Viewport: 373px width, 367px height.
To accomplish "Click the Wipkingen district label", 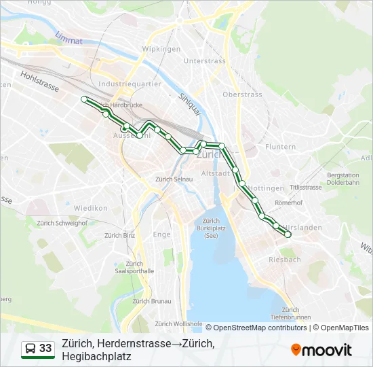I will point(161,49).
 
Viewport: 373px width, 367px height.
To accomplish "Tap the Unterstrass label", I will point(204,61).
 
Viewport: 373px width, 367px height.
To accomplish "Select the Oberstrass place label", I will point(242,94).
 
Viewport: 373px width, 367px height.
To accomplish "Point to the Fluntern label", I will point(280,147).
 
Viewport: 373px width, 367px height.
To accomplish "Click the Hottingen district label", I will point(266,188).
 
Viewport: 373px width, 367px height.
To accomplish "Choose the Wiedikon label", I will point(91,208).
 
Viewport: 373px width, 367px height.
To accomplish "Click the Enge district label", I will point(162,234).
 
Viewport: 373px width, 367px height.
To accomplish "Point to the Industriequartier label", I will point(130,84).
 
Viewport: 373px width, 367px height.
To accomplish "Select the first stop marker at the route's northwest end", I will point(84,99).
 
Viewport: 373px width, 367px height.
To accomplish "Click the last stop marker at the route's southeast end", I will point(288,234).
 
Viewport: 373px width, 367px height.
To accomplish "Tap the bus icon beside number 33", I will point(31,349).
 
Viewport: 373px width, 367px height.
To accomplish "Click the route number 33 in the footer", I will point(45,349).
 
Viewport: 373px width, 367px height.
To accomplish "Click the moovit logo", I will point(321,350).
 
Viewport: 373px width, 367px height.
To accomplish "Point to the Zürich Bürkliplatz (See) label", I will point(210,229).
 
